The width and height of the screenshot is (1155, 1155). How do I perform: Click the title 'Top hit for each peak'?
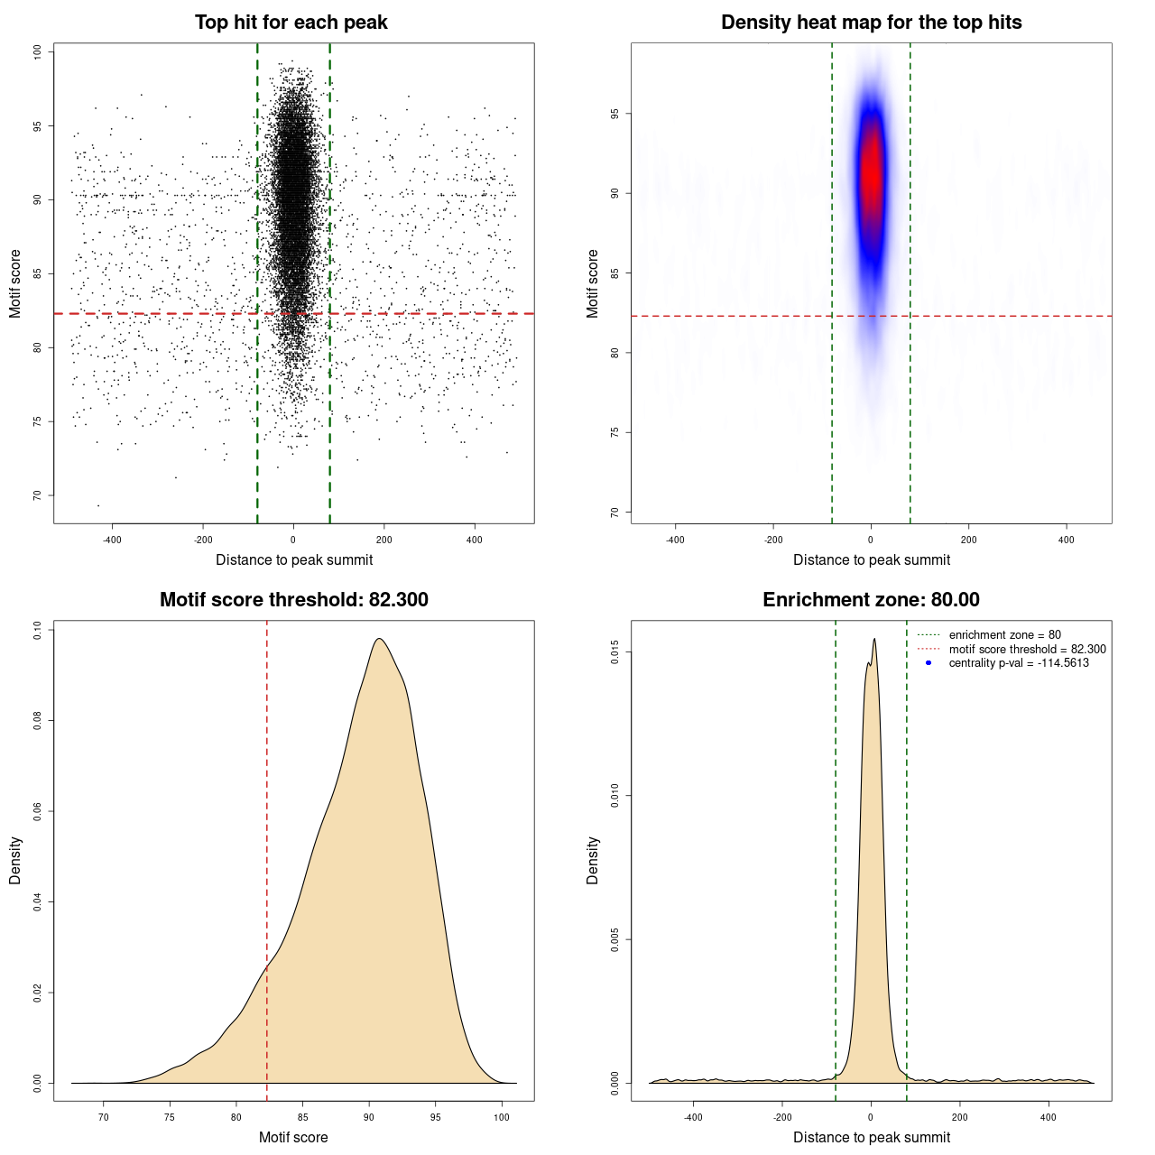coord(291,23)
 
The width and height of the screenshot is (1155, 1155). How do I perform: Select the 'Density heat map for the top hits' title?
coord(871,23)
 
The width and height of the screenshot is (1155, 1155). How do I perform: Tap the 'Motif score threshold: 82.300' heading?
coord(293,600)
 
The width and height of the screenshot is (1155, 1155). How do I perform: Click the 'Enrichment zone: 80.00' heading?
coord(871,600)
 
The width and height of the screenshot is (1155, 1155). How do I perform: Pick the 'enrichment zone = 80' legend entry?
coord(1004,635)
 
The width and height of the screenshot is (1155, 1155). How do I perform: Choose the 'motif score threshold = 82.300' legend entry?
coord(1027,649)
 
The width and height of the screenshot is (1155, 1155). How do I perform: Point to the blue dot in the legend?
coord(929,663)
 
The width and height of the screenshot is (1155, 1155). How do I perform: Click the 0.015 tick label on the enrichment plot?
coord(615,652)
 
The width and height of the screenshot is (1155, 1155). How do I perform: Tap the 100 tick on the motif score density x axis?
coord(502,1117)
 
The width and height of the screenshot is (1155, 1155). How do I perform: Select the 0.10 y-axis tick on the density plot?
coord(38,629)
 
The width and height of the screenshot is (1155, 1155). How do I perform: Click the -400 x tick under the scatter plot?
coord(112,540)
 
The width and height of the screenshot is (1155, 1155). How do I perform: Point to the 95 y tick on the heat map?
coord(615,114)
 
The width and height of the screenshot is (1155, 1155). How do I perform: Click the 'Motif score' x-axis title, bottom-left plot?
coord(293,1137)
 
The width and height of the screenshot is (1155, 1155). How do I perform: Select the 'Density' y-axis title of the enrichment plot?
coord(593,860)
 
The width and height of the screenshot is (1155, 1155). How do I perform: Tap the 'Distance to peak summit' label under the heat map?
coord(871,559)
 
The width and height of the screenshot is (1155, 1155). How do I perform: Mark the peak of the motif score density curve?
coord(380,639)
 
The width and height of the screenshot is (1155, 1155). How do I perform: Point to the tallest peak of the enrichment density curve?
coord(874,639)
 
